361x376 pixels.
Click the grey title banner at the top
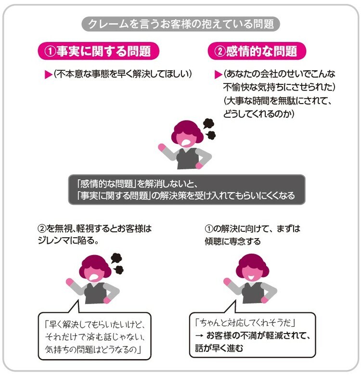pos(180,24)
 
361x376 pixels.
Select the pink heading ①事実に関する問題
pos(98,51)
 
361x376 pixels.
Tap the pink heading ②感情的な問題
pos(257,51)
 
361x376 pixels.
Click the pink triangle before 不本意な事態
pos(48,75)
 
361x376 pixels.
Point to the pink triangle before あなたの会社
pos(218,75)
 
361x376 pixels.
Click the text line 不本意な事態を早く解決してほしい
pos(123,74)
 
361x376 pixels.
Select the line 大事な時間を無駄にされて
pos(278,100)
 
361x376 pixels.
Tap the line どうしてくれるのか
pos(258,114)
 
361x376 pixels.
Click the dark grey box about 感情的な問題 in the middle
pos(187,189)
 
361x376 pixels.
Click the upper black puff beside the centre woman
pos(208,123)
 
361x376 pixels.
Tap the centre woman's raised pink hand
pos(162,147)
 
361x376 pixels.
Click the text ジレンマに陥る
pos(68,240)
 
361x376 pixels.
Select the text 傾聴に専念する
pos(232,241)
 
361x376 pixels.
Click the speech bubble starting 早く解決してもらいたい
pos(94,336)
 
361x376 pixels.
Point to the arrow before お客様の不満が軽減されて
pos(199,335)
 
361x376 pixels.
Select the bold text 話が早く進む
pos(219,348)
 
